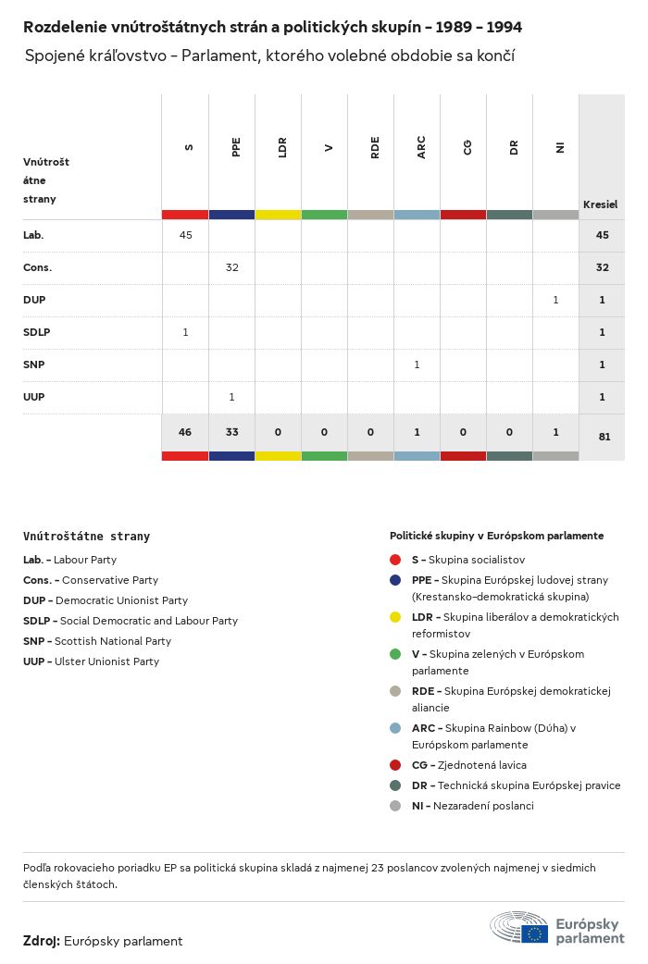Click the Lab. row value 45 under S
point(185,235)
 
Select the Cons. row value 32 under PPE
point(231,267)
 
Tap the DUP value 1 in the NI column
point(555,300)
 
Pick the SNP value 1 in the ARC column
point(417,365)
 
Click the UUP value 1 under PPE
point(231,397)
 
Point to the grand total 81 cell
point(604,437)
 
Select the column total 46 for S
point(185,432)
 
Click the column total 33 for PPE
point(231,432)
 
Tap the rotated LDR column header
point(282,147)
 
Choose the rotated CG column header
point(467,147)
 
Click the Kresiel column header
point(600,204)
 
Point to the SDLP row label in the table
point(36,332)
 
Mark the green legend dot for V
point(395,654)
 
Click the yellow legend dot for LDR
point(395,617)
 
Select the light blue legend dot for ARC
point(395,728)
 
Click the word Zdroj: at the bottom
point(42,941)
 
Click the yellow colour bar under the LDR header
point(278,215)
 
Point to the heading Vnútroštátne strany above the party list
point(86,537)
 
